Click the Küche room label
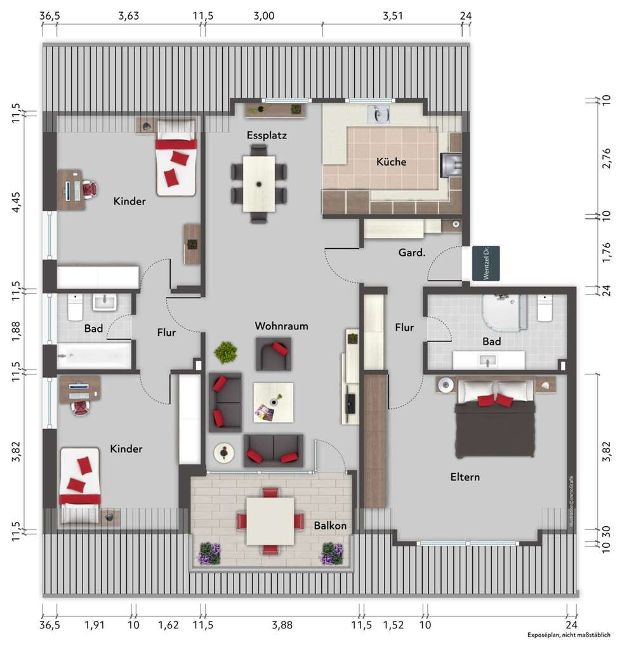[391, 162]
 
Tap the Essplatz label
[267, 135]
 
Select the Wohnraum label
[281, 326]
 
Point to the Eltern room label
[465, 477]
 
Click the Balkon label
[330, 526]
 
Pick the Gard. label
[411, 253]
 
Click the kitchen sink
[381, 114]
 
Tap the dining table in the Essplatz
[259, 184]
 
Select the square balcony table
[270, 521]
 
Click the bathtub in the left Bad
[94, 356]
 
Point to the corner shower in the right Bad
[505, 312]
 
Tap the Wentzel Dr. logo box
[486, 263]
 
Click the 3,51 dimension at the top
[393, 17]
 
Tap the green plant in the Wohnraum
[226, 351]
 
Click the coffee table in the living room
[273, 403]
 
